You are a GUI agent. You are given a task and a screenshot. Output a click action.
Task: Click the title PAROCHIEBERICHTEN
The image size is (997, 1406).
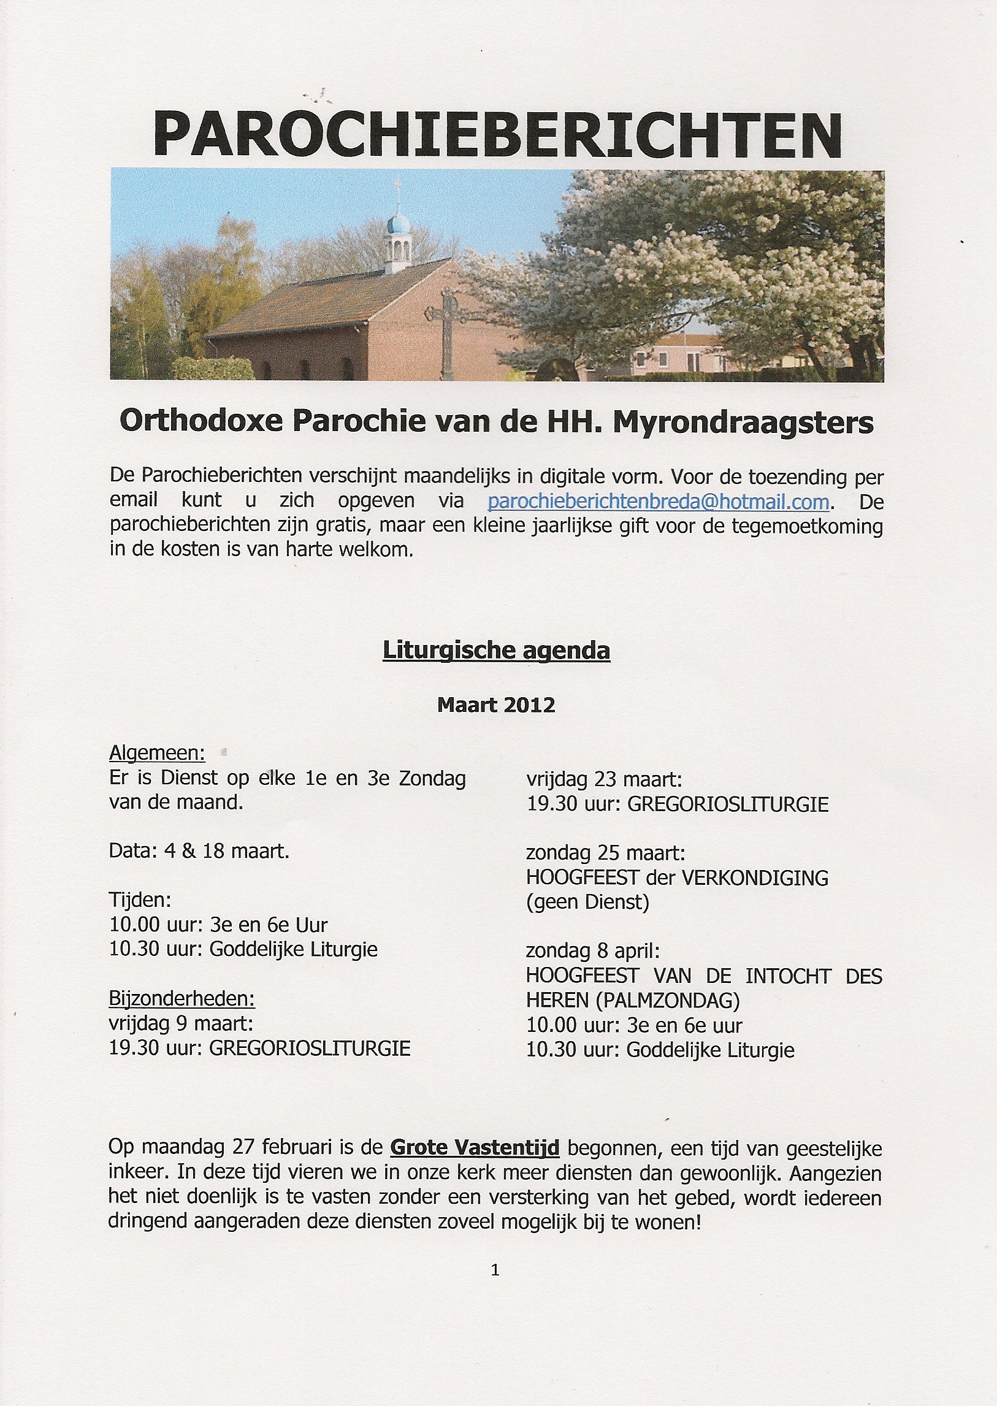click(x=497, y=134)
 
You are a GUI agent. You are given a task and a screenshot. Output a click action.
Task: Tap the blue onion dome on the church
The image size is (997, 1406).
click(x=399, y=225)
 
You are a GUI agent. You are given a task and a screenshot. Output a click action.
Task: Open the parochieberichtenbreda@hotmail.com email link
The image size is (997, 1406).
click(x=658, y=502)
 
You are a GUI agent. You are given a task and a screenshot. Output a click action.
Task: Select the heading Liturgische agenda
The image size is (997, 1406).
click(x=496, y=650)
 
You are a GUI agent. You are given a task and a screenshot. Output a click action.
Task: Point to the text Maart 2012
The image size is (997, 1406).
click(x=496, y=705)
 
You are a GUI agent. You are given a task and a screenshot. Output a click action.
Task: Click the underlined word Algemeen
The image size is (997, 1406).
click(x=156, y=753)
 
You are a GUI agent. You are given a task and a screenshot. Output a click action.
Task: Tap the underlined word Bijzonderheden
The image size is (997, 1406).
click(x=181, y=999)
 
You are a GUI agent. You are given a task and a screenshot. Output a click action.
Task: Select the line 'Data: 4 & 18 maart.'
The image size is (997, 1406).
click(x=199, y=851)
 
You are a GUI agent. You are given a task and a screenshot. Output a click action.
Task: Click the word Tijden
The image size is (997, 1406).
click(x=140, y=900)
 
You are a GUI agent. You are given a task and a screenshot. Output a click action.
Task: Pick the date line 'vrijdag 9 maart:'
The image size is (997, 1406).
click(x=181, y=1023)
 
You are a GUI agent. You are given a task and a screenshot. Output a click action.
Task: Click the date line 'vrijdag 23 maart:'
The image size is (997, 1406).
click(x=604, y=780)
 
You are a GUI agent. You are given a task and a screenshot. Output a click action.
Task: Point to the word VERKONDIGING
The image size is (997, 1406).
click(x=755, y=878)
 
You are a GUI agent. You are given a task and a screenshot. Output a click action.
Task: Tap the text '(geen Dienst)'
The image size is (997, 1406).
click(x=587, y=903)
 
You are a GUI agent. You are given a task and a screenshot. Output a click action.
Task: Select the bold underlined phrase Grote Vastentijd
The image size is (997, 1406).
click(x=475, y=1147)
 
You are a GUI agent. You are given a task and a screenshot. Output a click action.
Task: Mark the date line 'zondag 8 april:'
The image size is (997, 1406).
click(x=592, y=951)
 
